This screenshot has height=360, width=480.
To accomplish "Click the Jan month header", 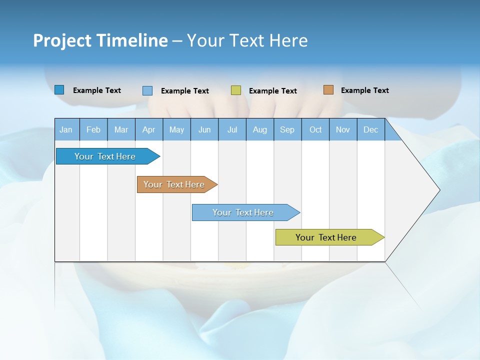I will point(66,129).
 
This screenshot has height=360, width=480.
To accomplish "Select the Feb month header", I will point(93,129).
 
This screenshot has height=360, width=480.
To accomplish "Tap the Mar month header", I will point(121,129).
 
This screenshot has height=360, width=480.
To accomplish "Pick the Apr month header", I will point(149,129).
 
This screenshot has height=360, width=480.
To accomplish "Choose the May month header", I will point(176,129).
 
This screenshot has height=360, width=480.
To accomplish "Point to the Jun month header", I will point(204,129).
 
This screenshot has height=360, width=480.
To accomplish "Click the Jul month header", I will point(232,129).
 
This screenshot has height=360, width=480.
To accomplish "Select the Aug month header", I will point(260,129).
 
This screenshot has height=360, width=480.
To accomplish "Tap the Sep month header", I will point(287,129).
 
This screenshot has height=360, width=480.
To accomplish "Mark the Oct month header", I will point(315,129).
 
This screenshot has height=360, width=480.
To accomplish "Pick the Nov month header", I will point(343,129).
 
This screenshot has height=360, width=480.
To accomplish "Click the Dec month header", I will point(371,129).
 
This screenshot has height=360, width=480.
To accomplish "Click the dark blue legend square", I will point(59,90).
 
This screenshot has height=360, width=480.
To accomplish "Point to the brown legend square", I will point(328,90).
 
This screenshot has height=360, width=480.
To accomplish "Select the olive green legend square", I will point(236,90).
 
